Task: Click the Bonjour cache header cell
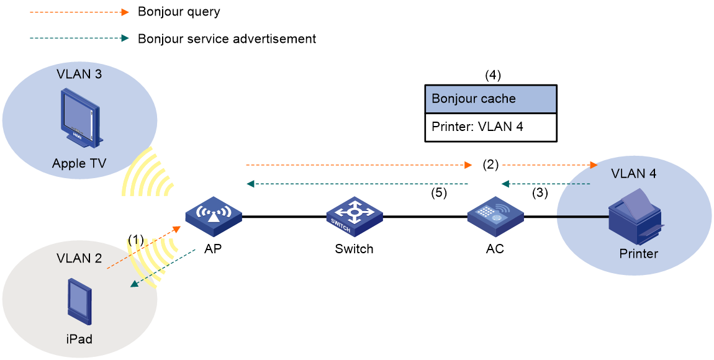coord(491,99)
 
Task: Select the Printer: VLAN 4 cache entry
coord(491,127)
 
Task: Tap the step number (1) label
coord(136,240)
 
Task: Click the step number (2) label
coord(490,164)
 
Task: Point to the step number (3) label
coord(540,193)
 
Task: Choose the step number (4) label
coord(492,75)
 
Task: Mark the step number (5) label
coord(439,193)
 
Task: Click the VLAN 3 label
coord(79,74)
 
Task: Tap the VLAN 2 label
coord(79,258)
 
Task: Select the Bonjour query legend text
coord(179,12)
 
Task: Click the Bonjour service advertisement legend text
coord(227,38)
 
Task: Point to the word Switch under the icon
coord(354,249)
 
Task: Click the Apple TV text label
coord(79,163)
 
